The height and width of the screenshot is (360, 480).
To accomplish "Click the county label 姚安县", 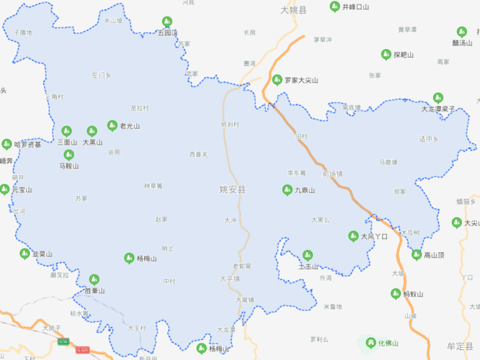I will pyautogui.click(x=233, y=190).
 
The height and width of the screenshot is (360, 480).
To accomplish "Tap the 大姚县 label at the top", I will pyautogui.click(x=293, y=11).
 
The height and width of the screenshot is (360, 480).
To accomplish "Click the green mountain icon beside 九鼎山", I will pyautogui.click(x=287, y=189).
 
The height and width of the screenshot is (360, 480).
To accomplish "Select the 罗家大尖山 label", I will pyautogui.click(x=301, y=80).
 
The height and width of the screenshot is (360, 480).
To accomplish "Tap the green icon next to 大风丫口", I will pyautogui.click(x=353, y=235).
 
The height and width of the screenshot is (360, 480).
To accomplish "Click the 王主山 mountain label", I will pyautogui.click(x=308, y=266).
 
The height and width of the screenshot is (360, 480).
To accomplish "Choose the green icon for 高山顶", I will pyautogui.click(x=417, y=254).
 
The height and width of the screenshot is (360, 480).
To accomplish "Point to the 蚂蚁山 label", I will pyautogui.click(x=413, y=294).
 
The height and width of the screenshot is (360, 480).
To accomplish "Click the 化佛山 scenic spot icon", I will pyautogui.click(x=371, y=343).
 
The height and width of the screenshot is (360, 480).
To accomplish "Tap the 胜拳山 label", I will pyautogui.click(x=94, y=291).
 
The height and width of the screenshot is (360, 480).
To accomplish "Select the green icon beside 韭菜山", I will pyautogui.click(x=25, y=253).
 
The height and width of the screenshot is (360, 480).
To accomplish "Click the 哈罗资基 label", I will pyautogui.click(x=28, y=144).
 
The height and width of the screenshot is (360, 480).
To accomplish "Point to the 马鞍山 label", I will pyautogui.click(x=69, y=166).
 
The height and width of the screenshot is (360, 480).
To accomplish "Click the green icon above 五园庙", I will pyautogui.click(x=167, y=22).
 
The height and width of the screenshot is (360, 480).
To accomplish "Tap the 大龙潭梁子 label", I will pyautogui.click(x=439, y=109).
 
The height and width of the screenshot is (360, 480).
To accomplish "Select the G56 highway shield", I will pyautogui.click(x=63, y=341).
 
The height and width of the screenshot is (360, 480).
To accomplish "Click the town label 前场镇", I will pyautogui.click(x=333, y=174).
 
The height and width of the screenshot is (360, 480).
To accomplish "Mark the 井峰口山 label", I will pyautogui.click(x=355, y=6).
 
